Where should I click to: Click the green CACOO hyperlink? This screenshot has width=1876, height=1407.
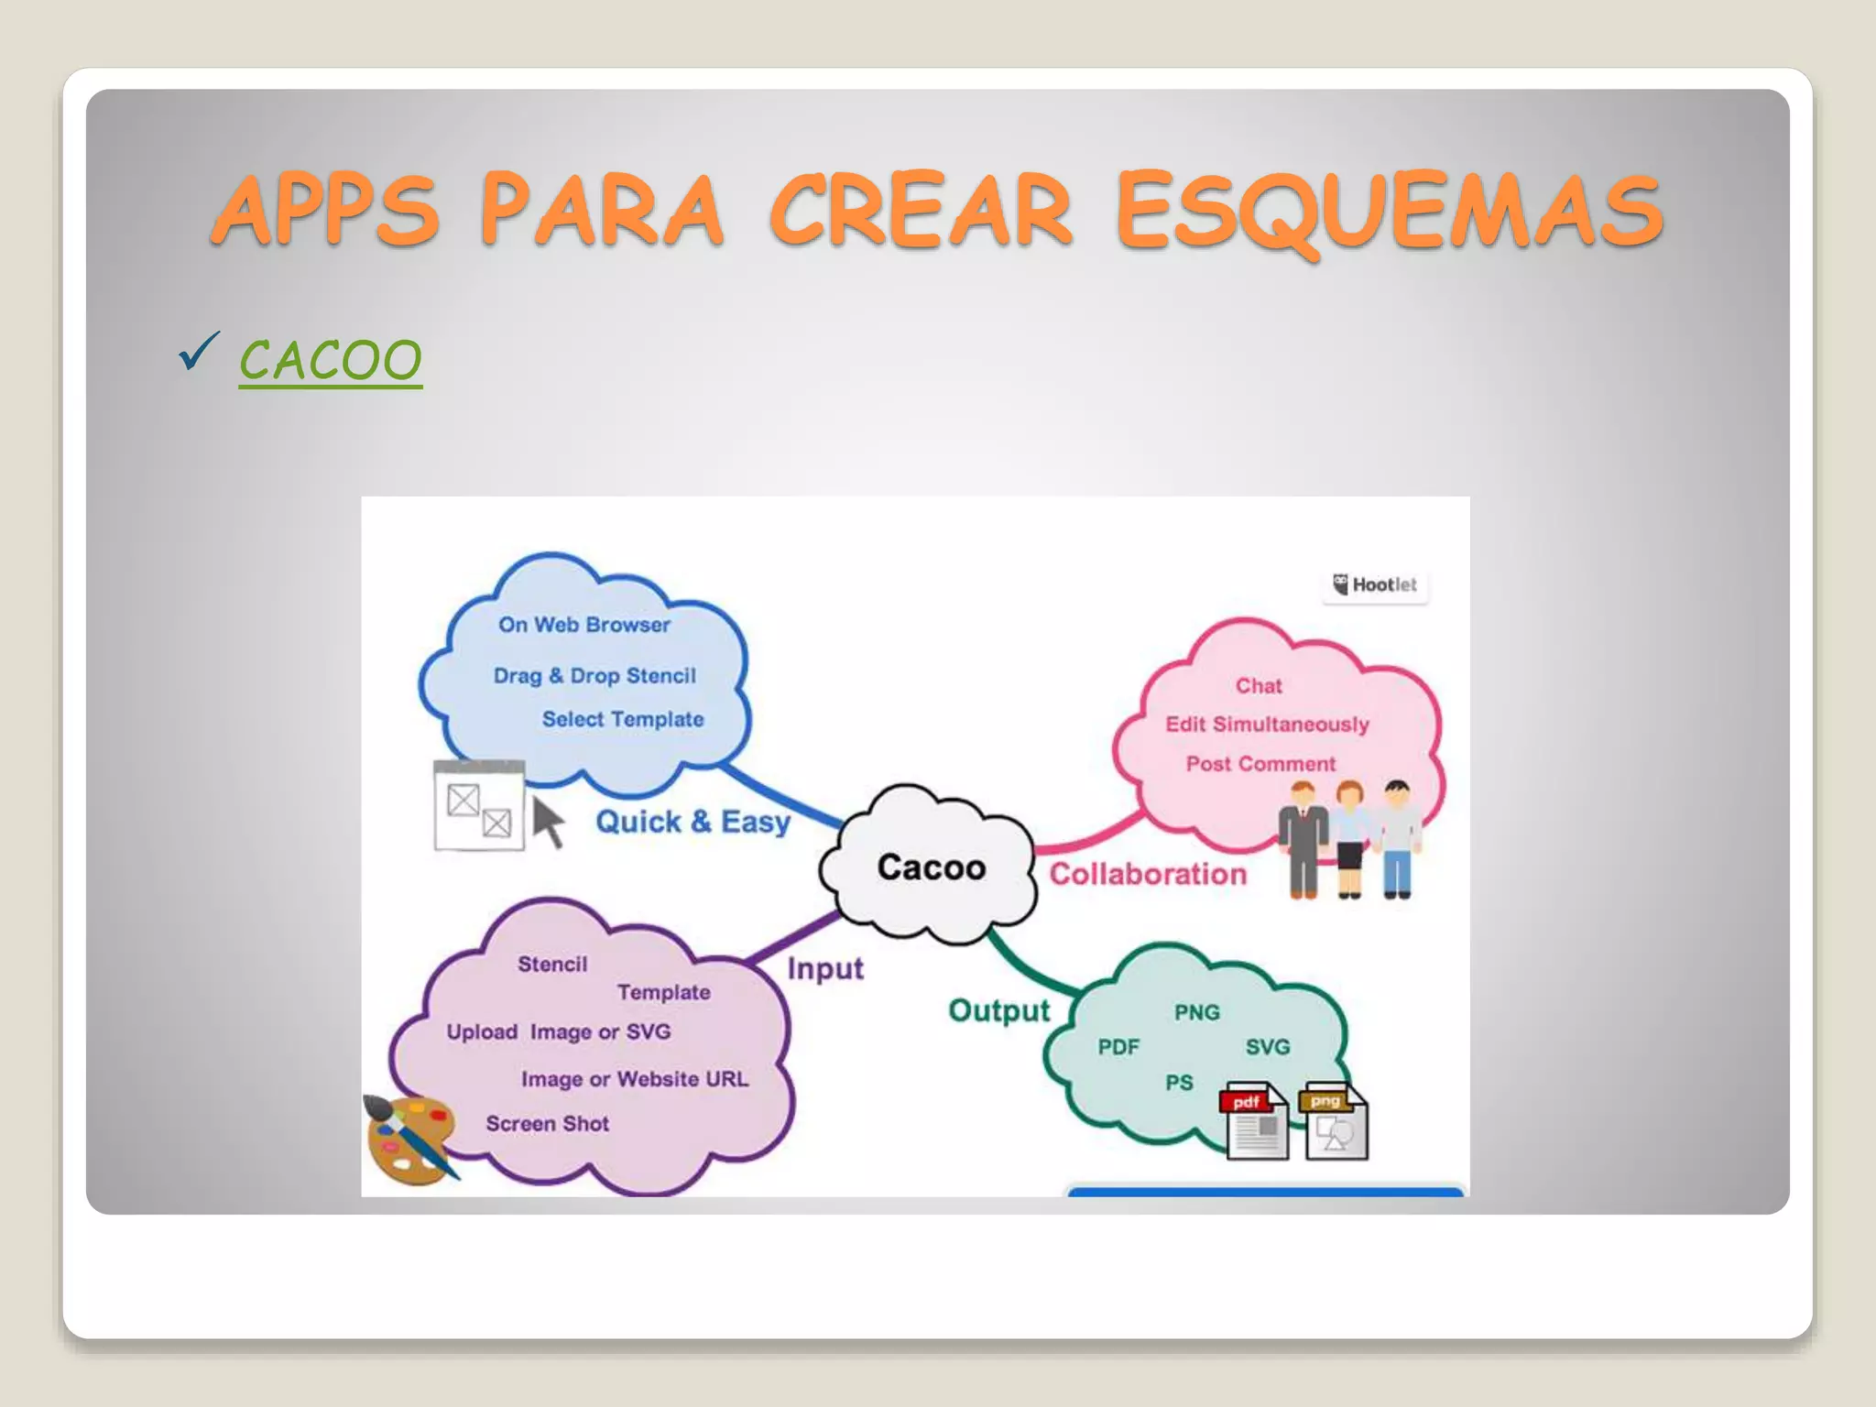(x=331, y=360)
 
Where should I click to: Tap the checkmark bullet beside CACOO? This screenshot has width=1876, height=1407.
(x=198, y=353)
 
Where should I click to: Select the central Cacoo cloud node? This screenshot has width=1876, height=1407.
(x=931, y=867)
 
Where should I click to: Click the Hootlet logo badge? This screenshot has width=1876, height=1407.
(x=1375, y=584)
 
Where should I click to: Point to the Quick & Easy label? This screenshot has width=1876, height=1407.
(x=693, y=821)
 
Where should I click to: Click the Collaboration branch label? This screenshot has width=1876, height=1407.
(x=1148, y=874)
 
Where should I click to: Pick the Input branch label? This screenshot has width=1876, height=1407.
(x=824, y=968)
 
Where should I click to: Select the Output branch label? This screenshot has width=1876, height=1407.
(x=998, y=1010)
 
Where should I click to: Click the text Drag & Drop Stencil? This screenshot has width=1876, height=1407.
(x=594, y=675)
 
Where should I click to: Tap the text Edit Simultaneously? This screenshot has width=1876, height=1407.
(x=1267, y=724)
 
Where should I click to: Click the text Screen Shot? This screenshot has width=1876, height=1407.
(x=547, y=1123)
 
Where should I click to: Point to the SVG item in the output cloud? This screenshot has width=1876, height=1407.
(x=1267, y=1046)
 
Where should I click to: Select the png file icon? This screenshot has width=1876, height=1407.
(x=1335, y=1123)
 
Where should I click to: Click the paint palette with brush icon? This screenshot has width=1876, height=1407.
(x=410, y=1140)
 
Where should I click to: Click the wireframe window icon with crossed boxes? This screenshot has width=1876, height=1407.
(x=478, y=806)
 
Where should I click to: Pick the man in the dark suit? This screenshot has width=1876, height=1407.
(x=1303, y=838)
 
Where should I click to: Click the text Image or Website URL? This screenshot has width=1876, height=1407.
(x=634, y=1079)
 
